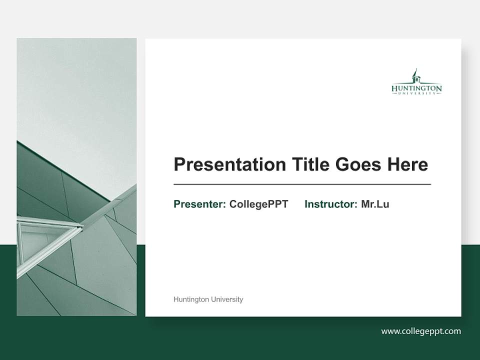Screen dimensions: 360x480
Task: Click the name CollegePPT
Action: coord(258,204)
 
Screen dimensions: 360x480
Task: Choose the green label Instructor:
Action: coord(331,204)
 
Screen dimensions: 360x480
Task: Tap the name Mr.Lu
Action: coord(375,204)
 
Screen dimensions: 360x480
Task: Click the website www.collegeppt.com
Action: coord(421,331)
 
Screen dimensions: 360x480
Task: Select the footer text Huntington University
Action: coord(208,299)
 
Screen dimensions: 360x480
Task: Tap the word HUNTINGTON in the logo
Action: coord(416,88)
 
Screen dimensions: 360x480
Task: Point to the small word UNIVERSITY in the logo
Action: coord(416,93)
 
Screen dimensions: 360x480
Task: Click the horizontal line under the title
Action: coord(302,184)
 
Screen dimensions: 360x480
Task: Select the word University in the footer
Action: coord(227,299)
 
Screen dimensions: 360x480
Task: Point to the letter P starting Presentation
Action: coord(178,164)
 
